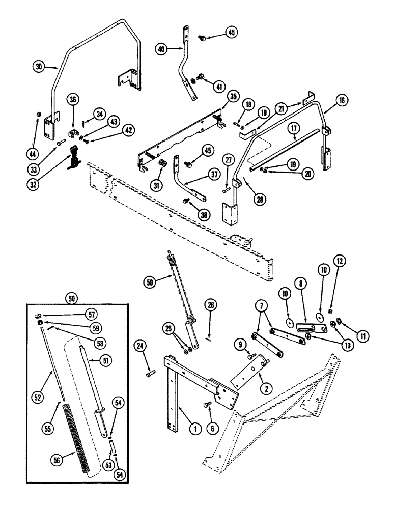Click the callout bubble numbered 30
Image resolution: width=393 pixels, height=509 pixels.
[x=39, y=65]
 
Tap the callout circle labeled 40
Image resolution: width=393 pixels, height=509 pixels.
[x=162, y=49]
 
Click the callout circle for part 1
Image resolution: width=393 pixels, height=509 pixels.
[x=193, y=429]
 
